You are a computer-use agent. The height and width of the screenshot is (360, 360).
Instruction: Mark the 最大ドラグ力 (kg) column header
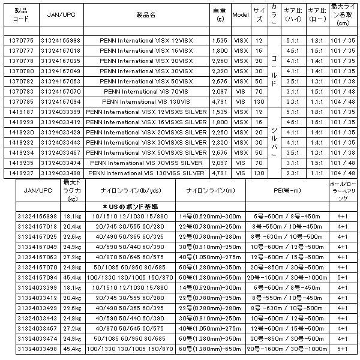tap(73, 192)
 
